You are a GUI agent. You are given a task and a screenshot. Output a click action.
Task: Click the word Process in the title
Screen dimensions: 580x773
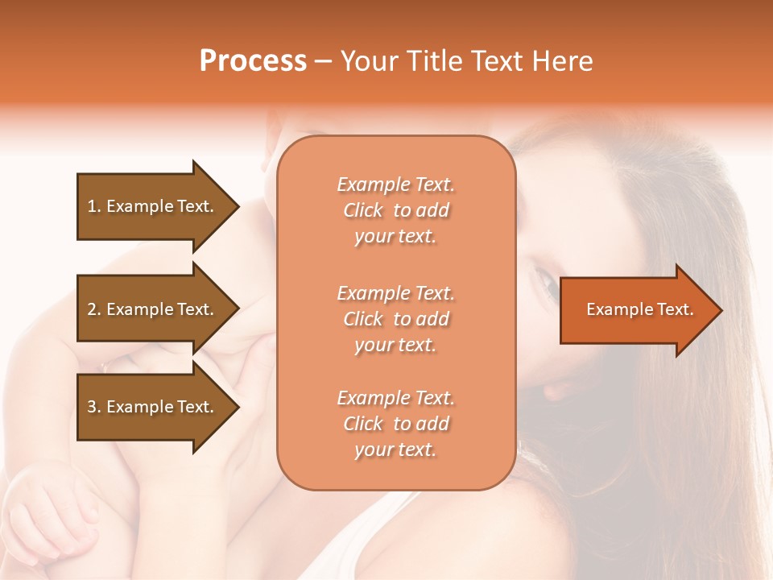coord(253,61)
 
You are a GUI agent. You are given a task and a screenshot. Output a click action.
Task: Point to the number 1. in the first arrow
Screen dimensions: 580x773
coord(94,206)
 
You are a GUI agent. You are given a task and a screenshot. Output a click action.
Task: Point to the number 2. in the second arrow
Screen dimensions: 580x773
coord(94,309)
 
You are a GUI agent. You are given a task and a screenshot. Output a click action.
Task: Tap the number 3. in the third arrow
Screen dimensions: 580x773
coord(94,407)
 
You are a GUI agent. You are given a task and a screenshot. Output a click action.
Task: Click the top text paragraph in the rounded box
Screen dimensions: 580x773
coord(395,210)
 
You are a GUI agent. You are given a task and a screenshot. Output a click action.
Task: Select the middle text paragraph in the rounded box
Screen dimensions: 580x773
coord(395,319)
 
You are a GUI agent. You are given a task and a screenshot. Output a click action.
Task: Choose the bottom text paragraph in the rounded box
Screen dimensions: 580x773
coord(395,424)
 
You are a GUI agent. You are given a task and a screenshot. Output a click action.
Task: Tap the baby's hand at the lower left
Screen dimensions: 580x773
coord(48,507)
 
